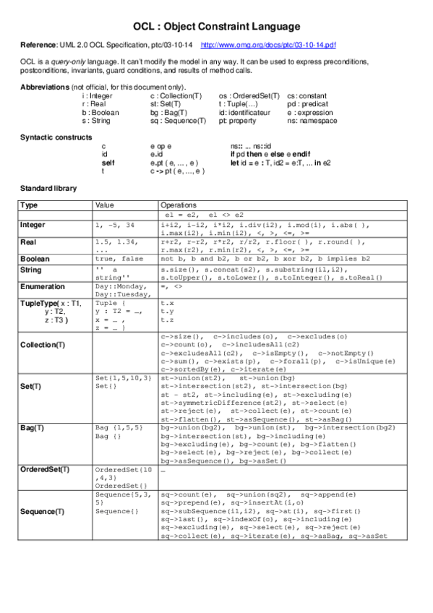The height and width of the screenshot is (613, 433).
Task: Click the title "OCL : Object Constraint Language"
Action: (x=216, y=27)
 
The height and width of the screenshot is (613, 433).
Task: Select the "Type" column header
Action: (x=30, y=205)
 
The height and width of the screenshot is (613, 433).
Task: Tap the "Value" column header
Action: (x=105, y=205)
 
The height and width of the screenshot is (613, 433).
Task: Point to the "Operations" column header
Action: (x=178, y=205)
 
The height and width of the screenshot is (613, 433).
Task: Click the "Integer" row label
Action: (x=33, y=225)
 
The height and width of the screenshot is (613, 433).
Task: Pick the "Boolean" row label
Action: (x=35, y=258)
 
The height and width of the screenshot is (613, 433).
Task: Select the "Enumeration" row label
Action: (x=43, y=287)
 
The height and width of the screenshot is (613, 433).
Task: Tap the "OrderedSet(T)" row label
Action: (x=46, y=469)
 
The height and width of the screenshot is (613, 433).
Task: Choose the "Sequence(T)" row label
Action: (x=43, y=512)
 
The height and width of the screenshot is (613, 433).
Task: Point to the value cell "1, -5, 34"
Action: (x=115, y=225)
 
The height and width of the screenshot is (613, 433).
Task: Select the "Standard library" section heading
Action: (x=48, y=188)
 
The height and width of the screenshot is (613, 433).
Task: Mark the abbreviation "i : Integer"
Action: (x=98, y=95)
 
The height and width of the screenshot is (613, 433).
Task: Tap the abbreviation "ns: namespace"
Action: (x=312, y=121)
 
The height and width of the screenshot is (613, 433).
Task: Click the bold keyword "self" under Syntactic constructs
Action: (x=108, y=163)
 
